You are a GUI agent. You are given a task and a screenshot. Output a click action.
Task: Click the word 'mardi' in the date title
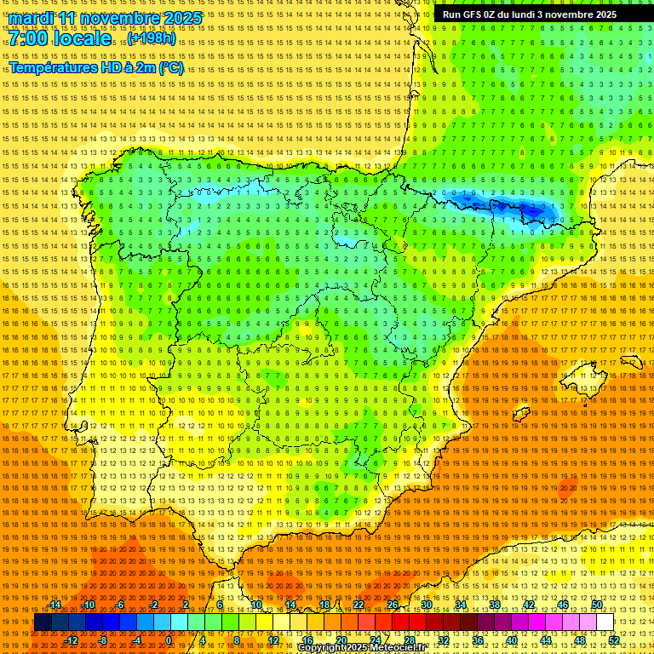pyautogui.click(x=32, y=18)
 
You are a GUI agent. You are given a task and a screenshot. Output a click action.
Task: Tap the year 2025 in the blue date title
pyautogui.click(x=181, y=18)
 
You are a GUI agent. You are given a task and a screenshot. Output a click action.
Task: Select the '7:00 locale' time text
pyautogui.click(x=60, y=38)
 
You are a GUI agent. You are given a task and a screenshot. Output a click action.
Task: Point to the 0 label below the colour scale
pyautogui.click(x=169, y=640)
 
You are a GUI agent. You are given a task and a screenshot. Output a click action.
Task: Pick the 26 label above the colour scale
pyautogui.click(x=392, y=605)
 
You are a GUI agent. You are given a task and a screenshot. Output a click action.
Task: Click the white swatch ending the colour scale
pyautogui.click(x=605, y=622)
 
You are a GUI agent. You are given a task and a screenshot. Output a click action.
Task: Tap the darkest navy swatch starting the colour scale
pyautogui.click(x=43, y=622)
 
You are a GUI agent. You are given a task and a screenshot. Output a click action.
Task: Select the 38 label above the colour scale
pyautogui.click(x=495, y=605)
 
